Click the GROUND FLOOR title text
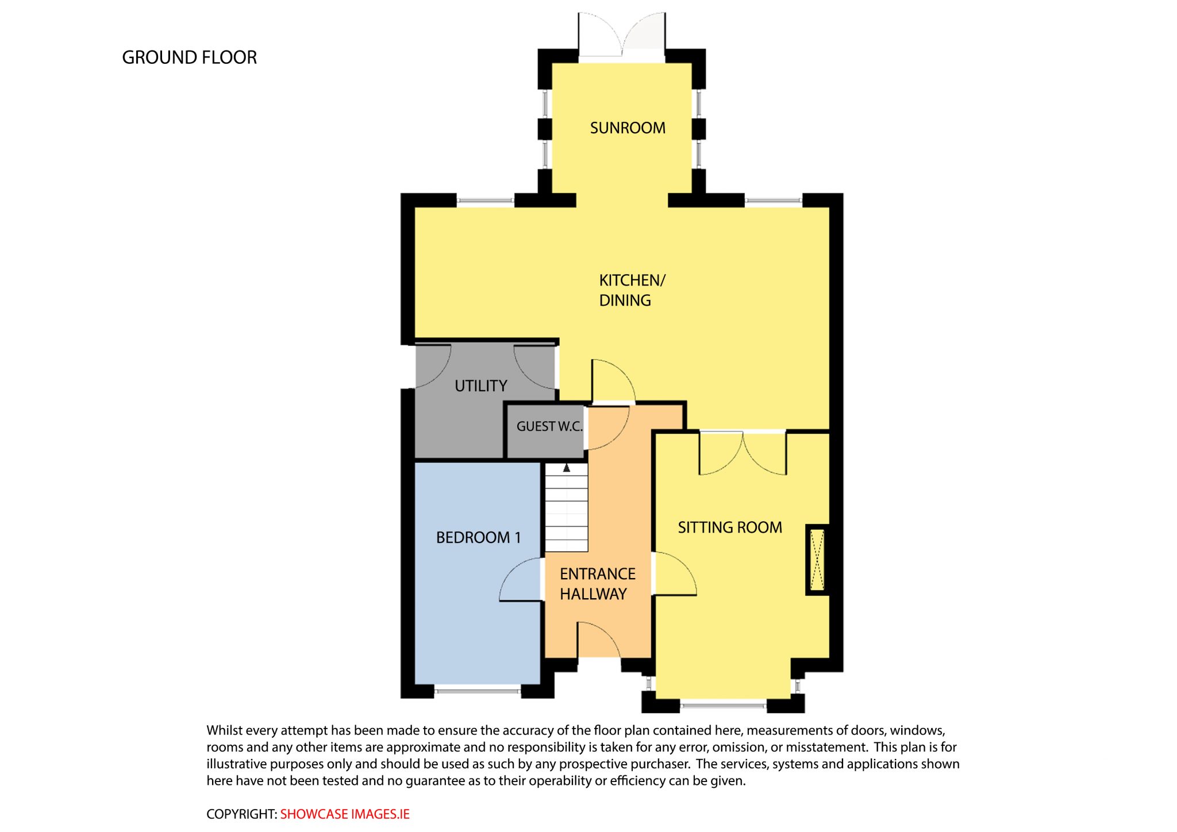pyautogui.click(x=189, y=57)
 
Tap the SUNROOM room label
pyautogui.click(x=628, y=128)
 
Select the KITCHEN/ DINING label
pyautogui.click(x=632, y=290)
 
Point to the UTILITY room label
pyautogui.click(x=481, y=386)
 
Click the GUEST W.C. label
pyautogui.click(x=549, y=426)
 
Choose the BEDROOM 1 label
pyautogui.click(x=478, y=537)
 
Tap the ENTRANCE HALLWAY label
pyautogui.click(x=598, y=584)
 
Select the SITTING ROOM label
pyautogui.click(x=730, y=527)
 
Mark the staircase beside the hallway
pyautogui.click(x=567, y=507)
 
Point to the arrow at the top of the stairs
pyautogui.click(x=567, y=468)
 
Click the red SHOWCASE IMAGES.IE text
pyautogui.click(x=345, y=814)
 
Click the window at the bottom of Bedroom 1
pyautogui.click(x=478, y=690)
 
